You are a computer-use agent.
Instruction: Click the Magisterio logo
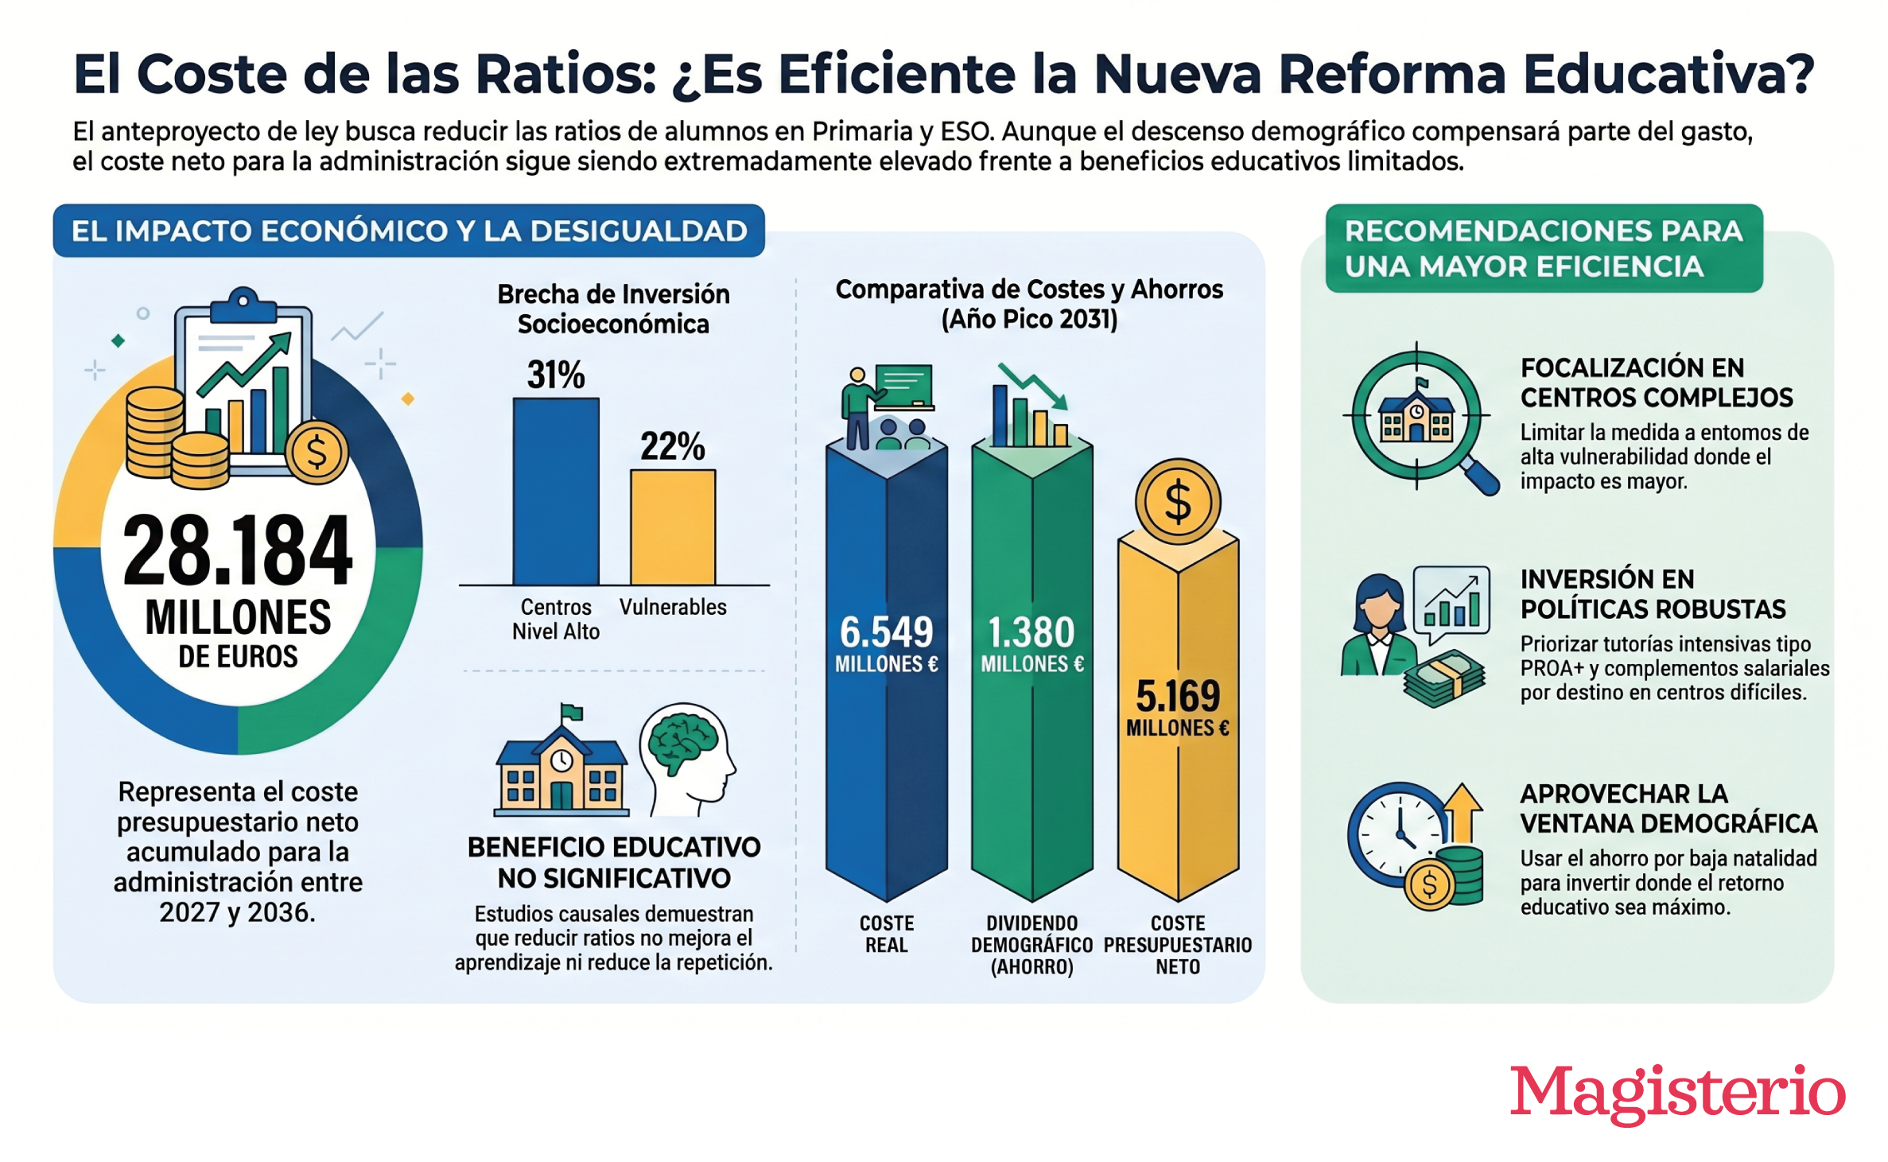click(1677, 1094)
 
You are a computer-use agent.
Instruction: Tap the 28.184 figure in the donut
click(237, 550)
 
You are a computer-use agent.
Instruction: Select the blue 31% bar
click(556, 492)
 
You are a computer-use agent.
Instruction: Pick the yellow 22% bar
click(673, 527)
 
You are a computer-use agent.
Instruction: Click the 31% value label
click(556, 375)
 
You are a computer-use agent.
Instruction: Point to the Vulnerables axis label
click(673, 607)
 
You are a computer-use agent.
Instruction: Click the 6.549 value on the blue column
click(886, 632)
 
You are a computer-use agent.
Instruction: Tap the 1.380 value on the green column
click(1031, 632)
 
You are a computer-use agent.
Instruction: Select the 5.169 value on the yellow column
click(1178, 696)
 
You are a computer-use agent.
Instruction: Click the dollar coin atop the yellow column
click(1178, 502)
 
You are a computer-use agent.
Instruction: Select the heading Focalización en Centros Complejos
click(1657, 383)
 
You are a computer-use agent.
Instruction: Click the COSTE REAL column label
click(886, 934)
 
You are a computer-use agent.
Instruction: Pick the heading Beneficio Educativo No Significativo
click(614, 863)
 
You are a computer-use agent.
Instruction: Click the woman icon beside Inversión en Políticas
click(1378, 625)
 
